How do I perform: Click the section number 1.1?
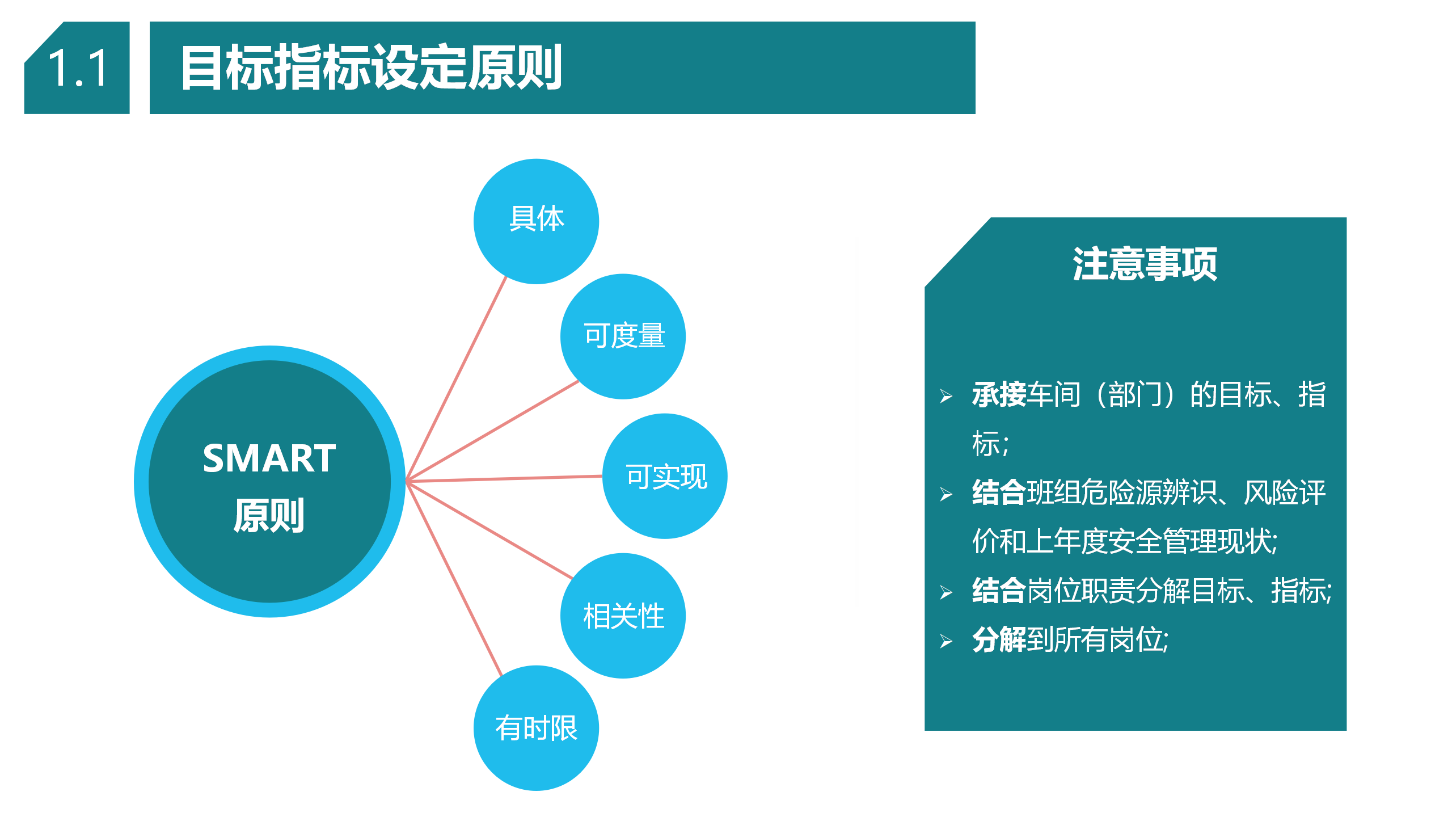tap(78, 68)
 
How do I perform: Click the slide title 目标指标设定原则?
tap(372, 68)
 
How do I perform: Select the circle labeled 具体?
tap(536, 221)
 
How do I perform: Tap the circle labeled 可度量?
tap(623, 336)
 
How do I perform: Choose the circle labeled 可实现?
tap(665, 476)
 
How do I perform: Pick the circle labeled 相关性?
tap(623, 616)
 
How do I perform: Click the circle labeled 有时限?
tap(536, 728)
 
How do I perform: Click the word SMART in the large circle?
tap(269, 458)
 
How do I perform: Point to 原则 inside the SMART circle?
tap(269, 516)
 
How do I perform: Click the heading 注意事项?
tap(1145, 264)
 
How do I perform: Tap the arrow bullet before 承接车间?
tap(946, 396)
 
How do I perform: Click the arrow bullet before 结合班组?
tap(946, 494)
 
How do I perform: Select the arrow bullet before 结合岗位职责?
tap(946, 592)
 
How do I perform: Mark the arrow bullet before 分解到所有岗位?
tap(946, 641)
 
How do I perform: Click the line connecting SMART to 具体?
tap(456, 379)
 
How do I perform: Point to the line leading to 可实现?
tap(504, 479)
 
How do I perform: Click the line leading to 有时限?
tap(454, 579)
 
